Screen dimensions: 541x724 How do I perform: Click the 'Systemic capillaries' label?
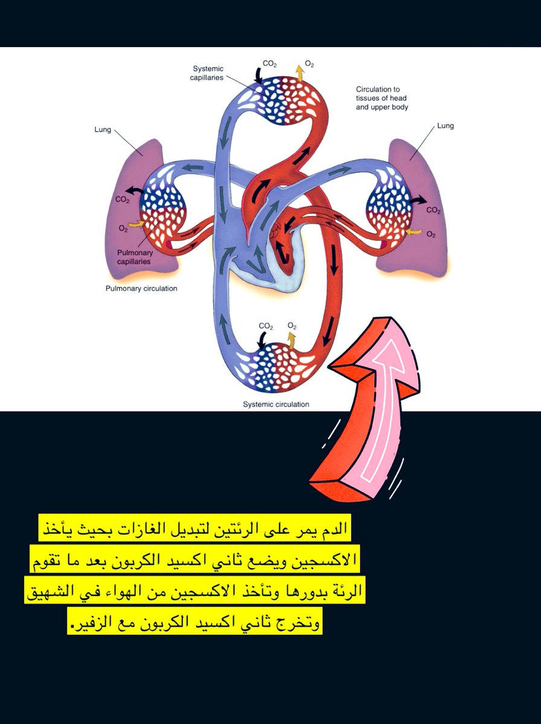coord(208,73)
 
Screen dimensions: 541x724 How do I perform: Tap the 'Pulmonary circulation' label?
coord(141,288)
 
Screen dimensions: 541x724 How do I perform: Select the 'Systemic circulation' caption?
coord(276,404)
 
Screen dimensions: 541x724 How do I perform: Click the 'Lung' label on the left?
coord(103,130)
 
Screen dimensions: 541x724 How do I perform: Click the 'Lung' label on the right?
coord(445,126)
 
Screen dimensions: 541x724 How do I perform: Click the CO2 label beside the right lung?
coord(433,211)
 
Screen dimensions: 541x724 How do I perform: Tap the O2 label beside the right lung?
coord(431,234)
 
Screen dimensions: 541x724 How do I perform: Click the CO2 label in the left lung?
coord(123,200)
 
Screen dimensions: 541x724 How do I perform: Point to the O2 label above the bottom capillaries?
coord(292,326)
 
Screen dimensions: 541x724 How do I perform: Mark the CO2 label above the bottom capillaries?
coord(266,326)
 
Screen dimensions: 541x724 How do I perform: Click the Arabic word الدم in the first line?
coord(335,529)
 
